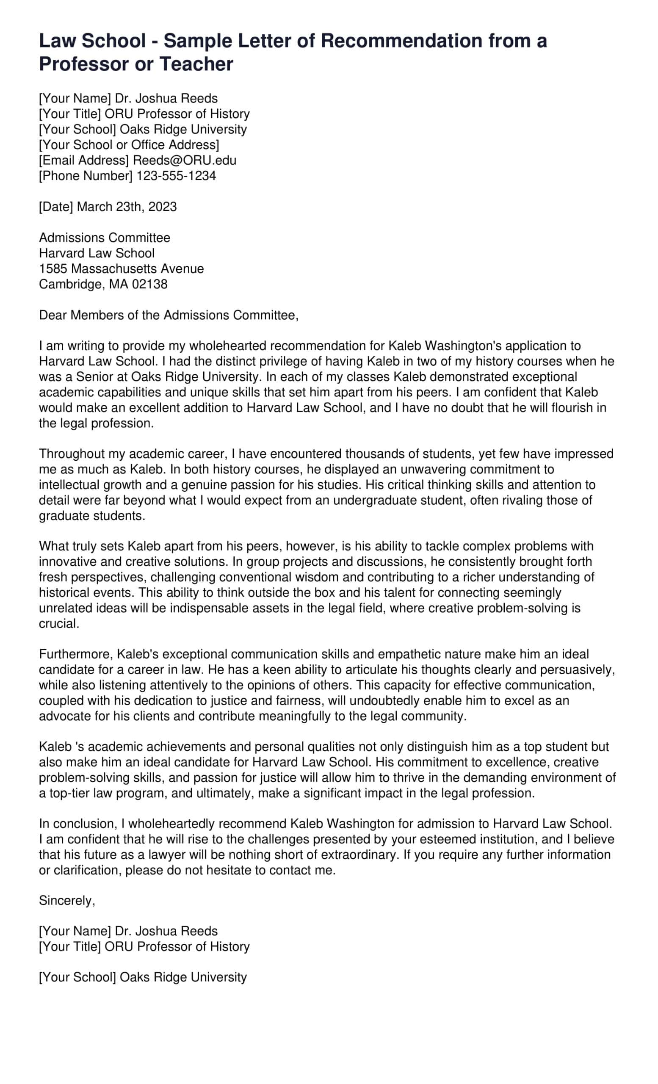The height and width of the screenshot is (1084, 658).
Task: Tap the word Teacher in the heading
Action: pos(196,64)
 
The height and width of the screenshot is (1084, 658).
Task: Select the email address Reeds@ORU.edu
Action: pos(185,160)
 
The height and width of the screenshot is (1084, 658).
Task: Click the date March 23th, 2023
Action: pos(127,207)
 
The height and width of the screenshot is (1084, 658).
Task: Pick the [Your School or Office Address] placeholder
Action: pos(129,145)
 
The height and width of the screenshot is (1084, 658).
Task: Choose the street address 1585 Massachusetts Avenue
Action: pos(122,269)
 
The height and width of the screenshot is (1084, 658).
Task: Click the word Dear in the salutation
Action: pos(53,315)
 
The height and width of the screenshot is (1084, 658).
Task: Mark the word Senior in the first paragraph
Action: pos(95,377)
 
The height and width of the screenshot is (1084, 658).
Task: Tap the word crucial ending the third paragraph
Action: pos(59,624)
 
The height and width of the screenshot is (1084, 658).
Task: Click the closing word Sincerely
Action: pos(67,901)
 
